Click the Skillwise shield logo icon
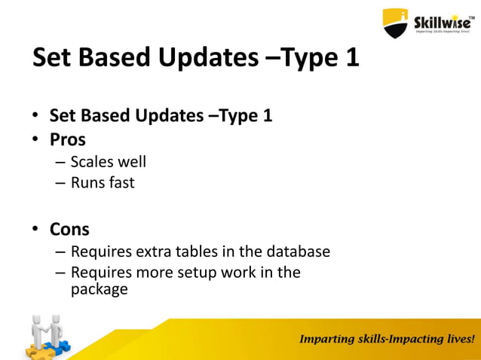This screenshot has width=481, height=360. point(396,23)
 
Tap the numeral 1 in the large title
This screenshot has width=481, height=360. point(350,59)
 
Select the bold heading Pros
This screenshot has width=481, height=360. point(68,140)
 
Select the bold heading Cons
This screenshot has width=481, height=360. point(69,229)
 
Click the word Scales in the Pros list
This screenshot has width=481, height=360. point(91,162)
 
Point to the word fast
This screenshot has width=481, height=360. point(121,182)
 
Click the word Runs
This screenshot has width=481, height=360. point(87,182)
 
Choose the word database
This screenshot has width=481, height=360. point(296,251)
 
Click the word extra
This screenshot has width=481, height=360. point(156,251)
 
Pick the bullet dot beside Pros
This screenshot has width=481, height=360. point(35,141)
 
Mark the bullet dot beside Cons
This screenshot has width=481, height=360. point(35,230)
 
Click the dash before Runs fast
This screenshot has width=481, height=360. point(60,183)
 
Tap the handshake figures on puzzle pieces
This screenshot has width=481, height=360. point(47,337)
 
